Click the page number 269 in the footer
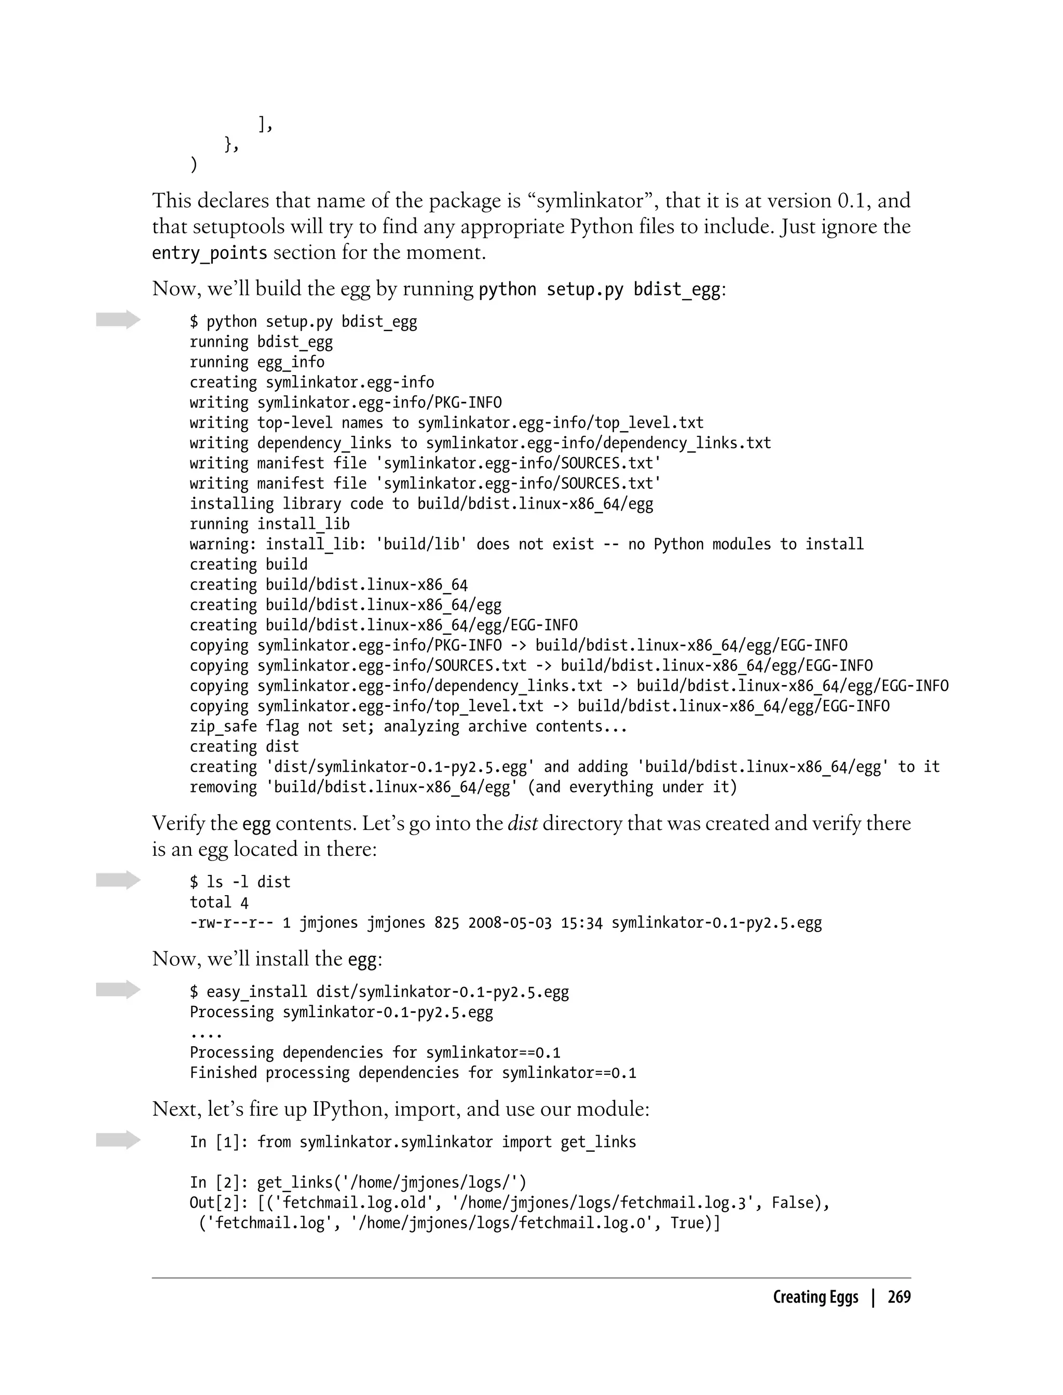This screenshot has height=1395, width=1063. pyautogui.click(x=898, y=1297)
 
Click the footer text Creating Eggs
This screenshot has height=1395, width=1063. pyautogui.click(x=815, y=1297)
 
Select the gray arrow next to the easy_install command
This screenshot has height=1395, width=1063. pyautogui.click(x=118, y=990)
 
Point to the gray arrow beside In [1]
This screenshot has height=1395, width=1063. pyautogui.click(x=118, y=1140)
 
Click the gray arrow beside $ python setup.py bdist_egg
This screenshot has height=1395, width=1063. pyautogui.click(x=118, y=320)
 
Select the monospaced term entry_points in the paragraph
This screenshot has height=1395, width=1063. pyautogui.click(x=210, y=253)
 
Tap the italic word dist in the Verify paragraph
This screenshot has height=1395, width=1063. pyautogui.click(x=523, y=823)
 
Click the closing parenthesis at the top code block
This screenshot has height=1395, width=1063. pyautogui.click(x=194, y=165)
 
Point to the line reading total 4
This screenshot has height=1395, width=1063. pyautogui.click(x=219, y=903)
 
